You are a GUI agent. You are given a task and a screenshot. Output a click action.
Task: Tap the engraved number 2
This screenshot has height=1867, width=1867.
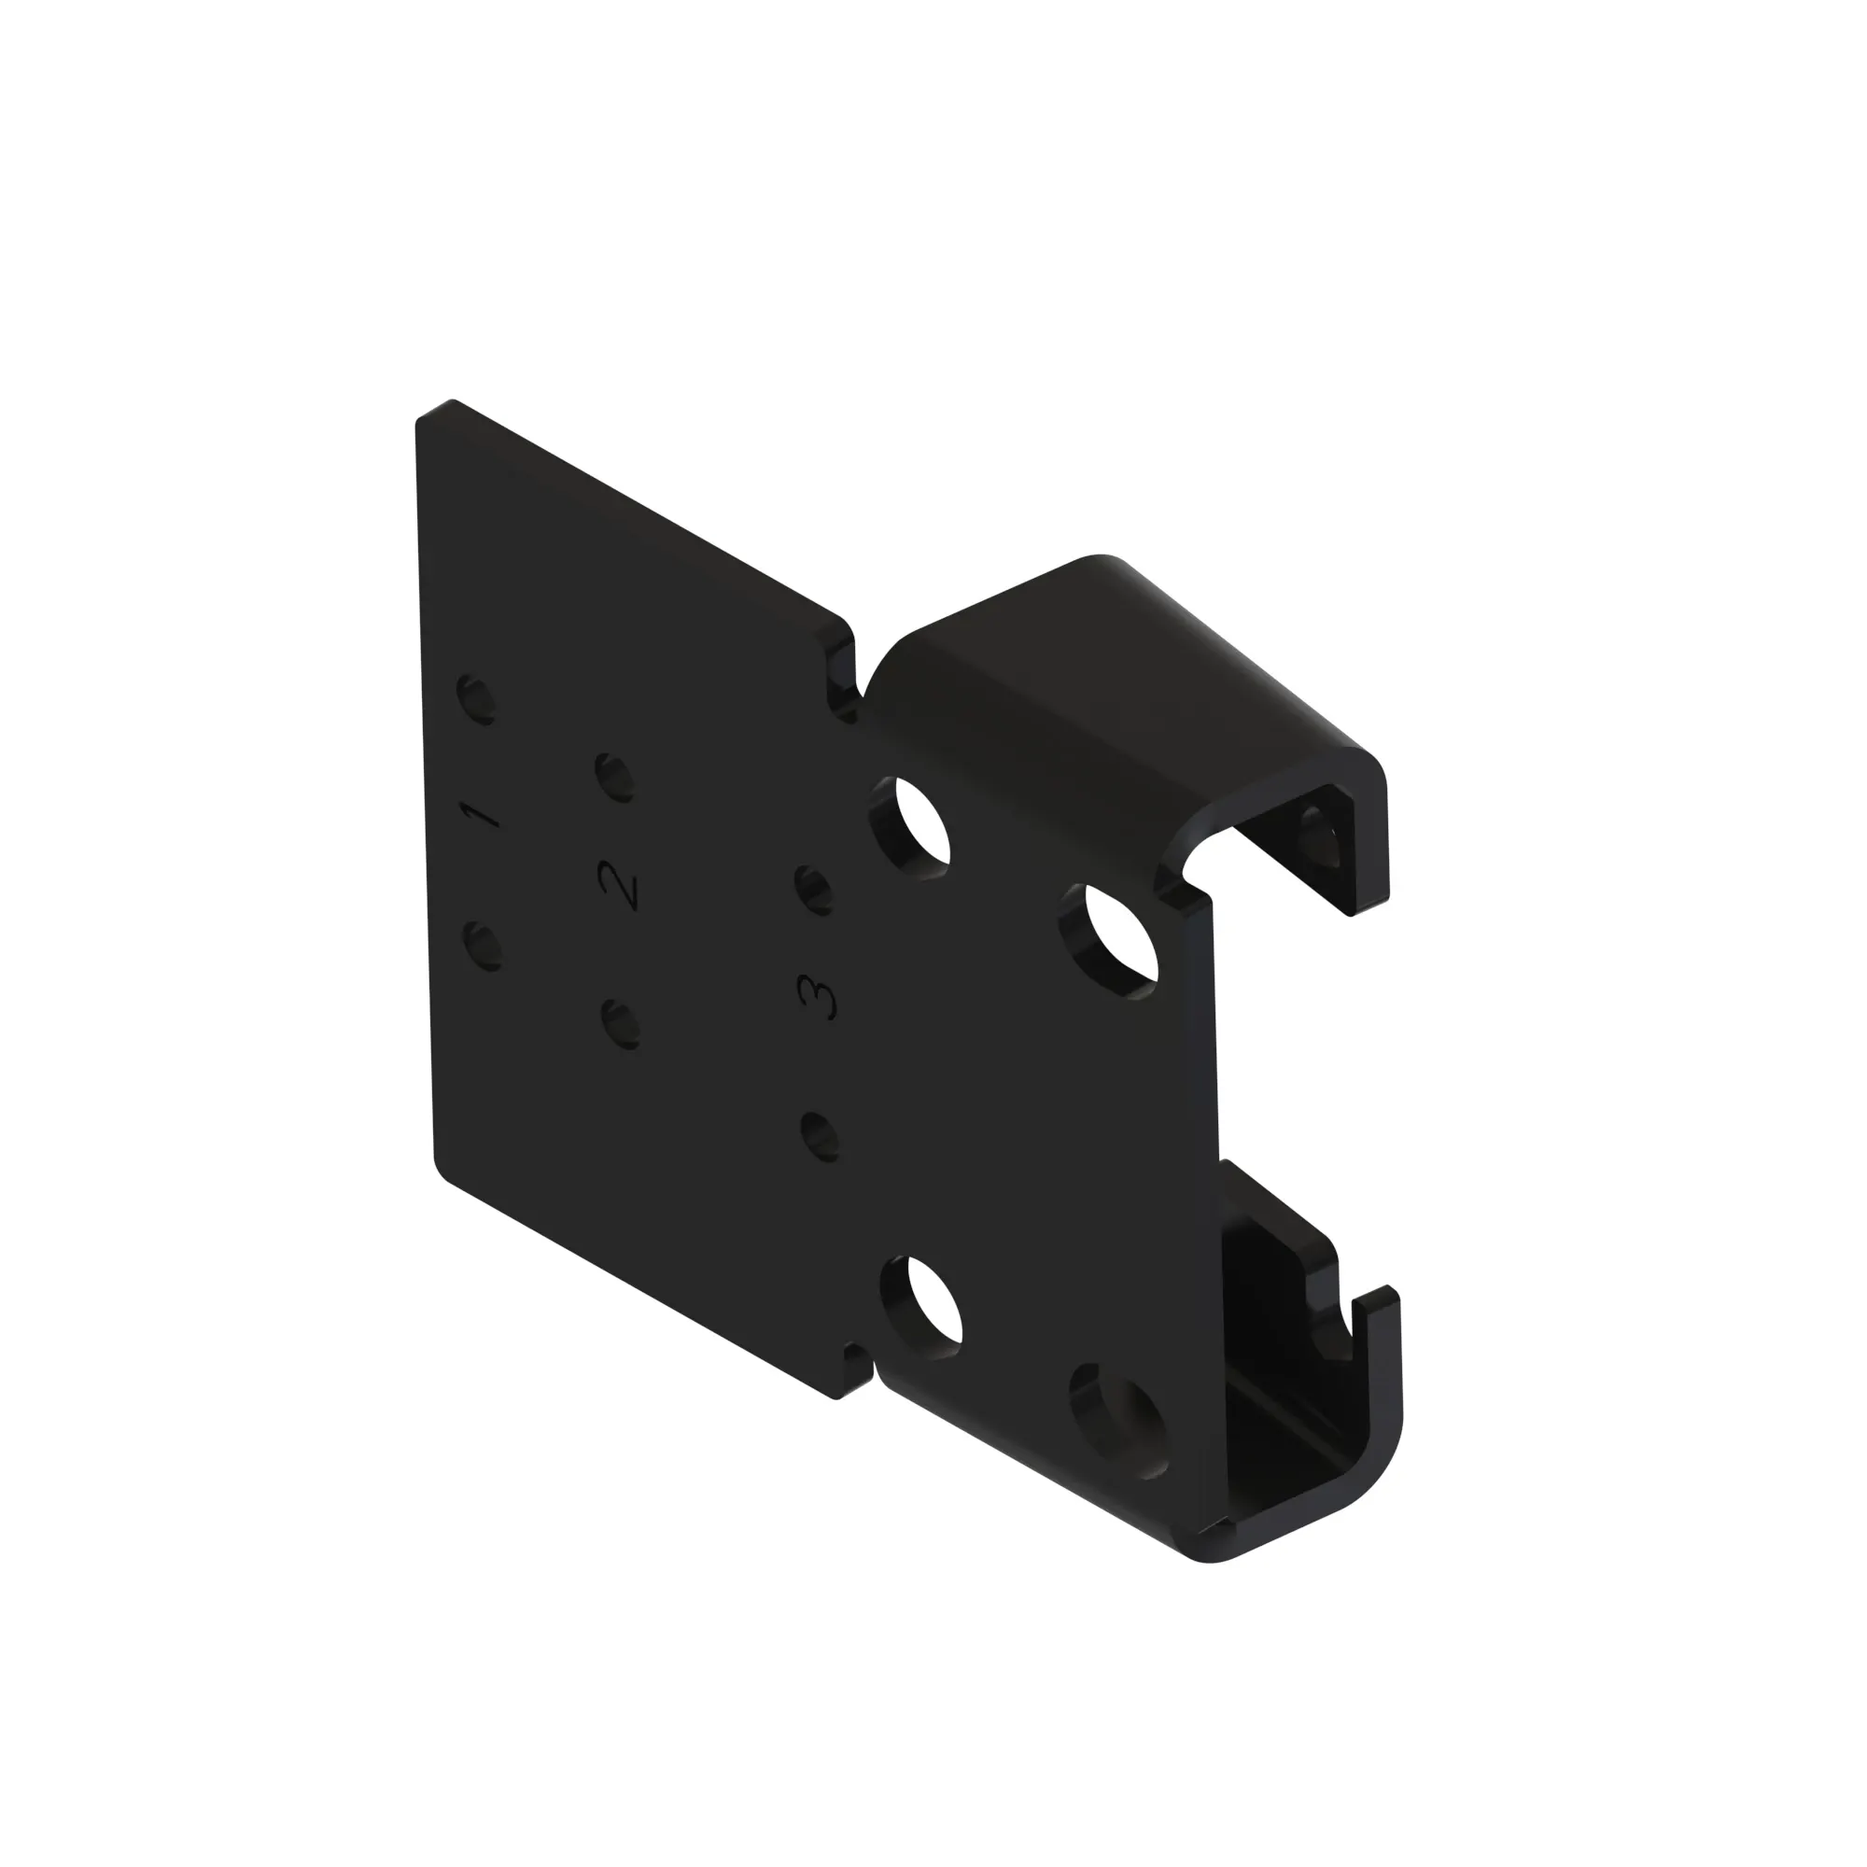coord(620,884)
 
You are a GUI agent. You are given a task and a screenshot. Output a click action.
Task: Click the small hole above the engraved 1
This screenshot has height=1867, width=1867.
coord(477,699)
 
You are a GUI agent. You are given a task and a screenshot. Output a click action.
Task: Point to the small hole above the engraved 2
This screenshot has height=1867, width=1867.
coord(614,777)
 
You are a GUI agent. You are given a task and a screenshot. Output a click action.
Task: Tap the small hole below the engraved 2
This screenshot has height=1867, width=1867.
coord(621,1024)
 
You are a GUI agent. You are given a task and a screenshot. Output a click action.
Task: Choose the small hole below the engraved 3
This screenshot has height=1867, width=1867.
coord(820,1137)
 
